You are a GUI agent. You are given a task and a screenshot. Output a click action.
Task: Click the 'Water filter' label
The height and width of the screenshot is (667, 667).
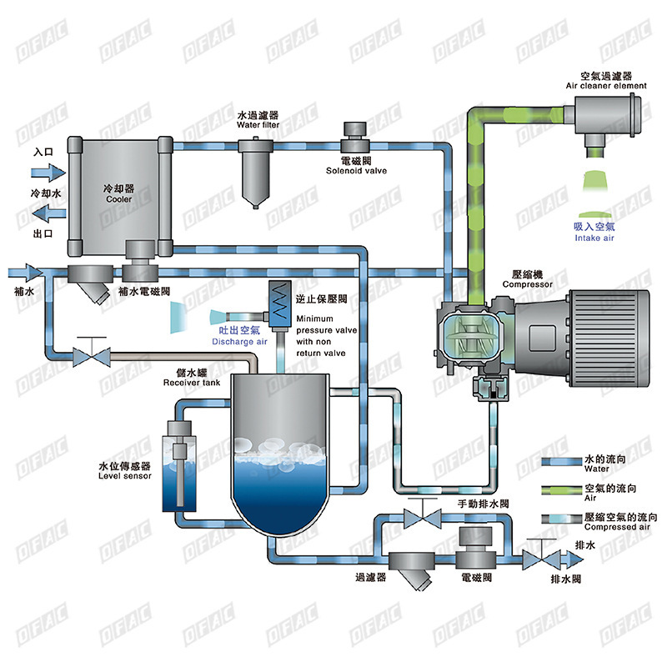[257, 125]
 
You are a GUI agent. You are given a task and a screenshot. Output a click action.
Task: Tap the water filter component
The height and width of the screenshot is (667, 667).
[256, 171]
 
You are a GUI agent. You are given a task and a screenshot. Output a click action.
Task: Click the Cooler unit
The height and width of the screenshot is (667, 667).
[119, 193]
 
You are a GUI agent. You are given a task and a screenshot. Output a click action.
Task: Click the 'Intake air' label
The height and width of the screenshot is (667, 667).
[594, 238]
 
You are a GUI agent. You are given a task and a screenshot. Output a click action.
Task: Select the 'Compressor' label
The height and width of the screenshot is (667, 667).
[527, 284]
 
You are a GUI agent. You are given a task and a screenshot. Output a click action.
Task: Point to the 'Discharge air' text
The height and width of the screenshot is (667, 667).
[239, 342]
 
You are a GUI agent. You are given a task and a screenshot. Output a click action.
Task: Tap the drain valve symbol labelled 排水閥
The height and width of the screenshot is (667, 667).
[538, 556]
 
